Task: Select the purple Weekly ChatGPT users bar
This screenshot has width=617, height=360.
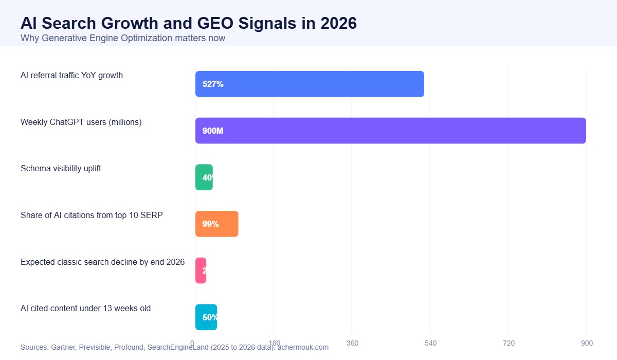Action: [x=391, y=131]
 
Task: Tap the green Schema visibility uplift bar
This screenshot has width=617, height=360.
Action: [x=204, y=177]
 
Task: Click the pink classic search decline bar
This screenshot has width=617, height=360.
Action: [x=201, y=271]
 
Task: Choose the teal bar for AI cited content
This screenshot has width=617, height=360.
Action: [x=206, y=317]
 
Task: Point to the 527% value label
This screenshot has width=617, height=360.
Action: [x=213, y=84]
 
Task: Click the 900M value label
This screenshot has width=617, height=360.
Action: [x=213, y=131]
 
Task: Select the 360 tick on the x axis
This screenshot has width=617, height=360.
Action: [x=352, y=343]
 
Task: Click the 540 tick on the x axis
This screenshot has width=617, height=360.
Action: [x=430, y=343]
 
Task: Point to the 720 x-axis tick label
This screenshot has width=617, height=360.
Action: [x=508, y=343]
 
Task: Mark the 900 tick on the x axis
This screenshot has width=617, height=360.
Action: [x=587, y=343]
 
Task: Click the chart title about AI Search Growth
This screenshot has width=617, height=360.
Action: [x=188, y=23]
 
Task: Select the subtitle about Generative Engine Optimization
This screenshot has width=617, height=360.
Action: [x=122, y=38]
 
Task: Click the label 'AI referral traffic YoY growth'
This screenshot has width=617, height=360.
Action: [x=71, y=76]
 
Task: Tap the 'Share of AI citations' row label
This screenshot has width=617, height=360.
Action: [x=92, y=215]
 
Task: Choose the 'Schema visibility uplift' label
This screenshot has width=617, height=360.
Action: [x=61, y=169]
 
